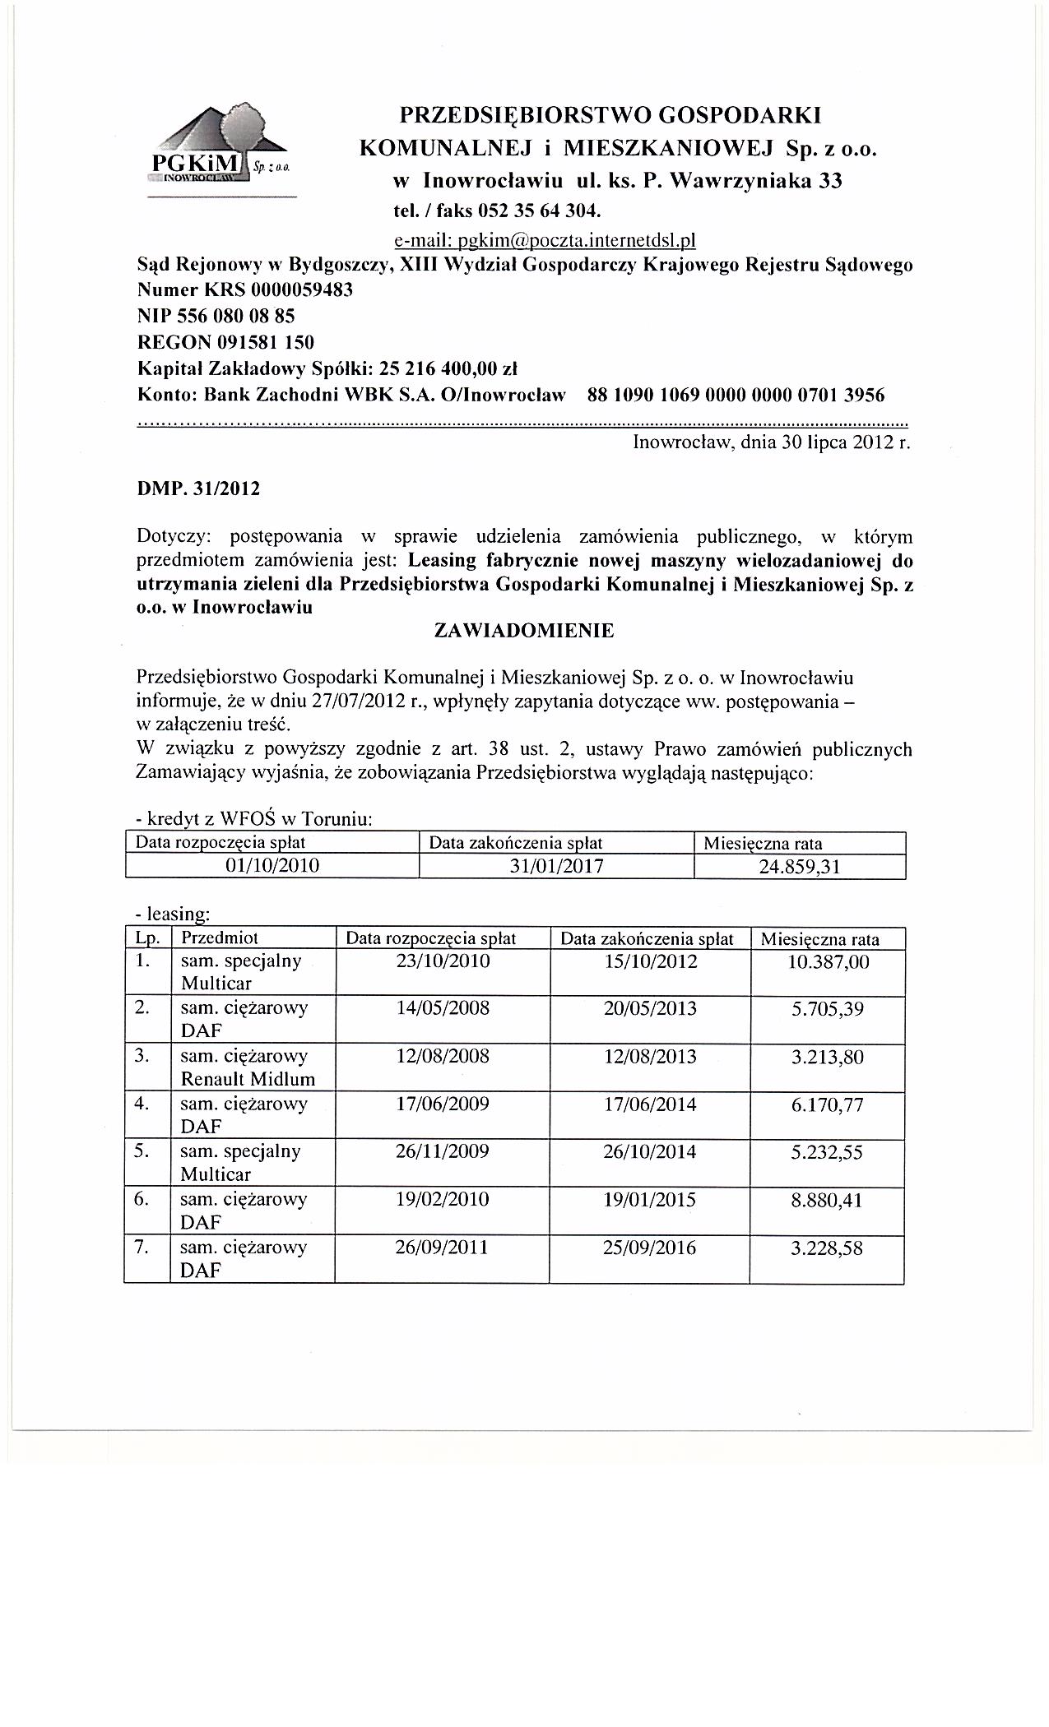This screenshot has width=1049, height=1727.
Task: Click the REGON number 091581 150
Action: click(265, 341)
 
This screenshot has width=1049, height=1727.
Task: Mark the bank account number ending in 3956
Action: click(736, 395)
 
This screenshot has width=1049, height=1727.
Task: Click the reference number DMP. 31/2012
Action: click(197, 489)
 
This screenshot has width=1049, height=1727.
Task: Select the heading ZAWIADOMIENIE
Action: click(523, 632)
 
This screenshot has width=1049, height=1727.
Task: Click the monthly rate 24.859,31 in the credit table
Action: click(799, 866)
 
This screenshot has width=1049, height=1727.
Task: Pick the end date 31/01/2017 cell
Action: click(556, 866)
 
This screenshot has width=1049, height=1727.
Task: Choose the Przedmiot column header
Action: click(220, 938)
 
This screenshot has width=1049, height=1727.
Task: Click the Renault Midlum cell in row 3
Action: click(248, 1078)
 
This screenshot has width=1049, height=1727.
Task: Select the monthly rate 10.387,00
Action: click(828, 961)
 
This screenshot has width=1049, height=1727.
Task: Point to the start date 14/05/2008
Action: click(442, 1008)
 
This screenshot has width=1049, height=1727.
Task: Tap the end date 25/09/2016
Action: click(649, 1248)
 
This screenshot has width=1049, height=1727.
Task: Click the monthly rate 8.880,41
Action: click(827, 1200)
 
